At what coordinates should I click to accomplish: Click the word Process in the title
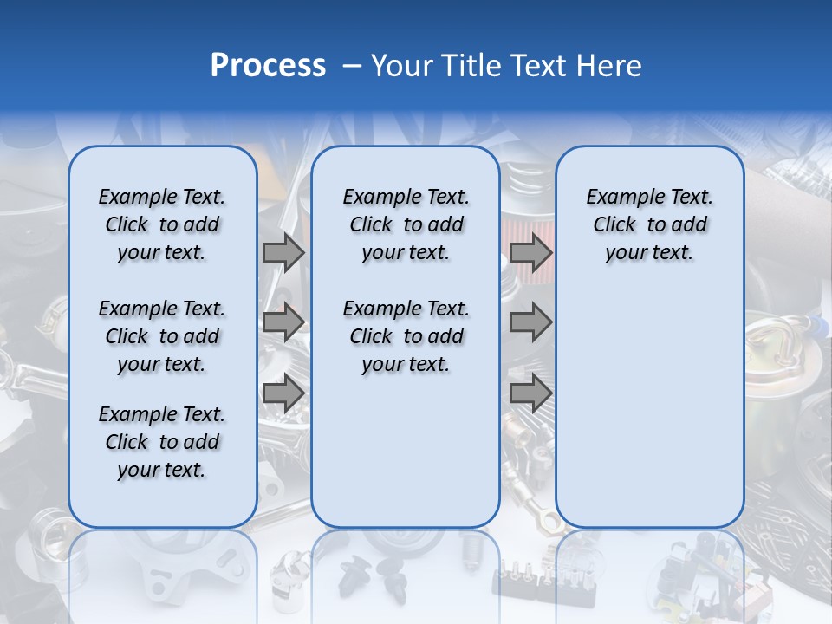[x=268, y=66]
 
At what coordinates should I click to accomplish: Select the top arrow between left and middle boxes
[x=283, y=252]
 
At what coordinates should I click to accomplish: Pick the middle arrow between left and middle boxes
[x=283, y=322]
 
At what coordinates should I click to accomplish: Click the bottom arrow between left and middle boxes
[x=283, y=393]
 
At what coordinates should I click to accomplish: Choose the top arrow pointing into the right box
[x=530, y=252]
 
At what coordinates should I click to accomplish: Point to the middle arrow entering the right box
[x=530, y=322]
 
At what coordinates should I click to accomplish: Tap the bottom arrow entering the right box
[x=530, y=393]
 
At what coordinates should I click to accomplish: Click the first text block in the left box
[x=162, y=224]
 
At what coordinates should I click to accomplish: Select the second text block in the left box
[x=162, y=336]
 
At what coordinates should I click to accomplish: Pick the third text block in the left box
[x=162, y=442]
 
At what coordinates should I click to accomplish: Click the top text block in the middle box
[x=406, y=224]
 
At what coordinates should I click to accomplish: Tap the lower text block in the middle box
[x=406, y=336]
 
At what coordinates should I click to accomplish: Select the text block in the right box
[x=649, y=224]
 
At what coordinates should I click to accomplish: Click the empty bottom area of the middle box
[x=406, y=459]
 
